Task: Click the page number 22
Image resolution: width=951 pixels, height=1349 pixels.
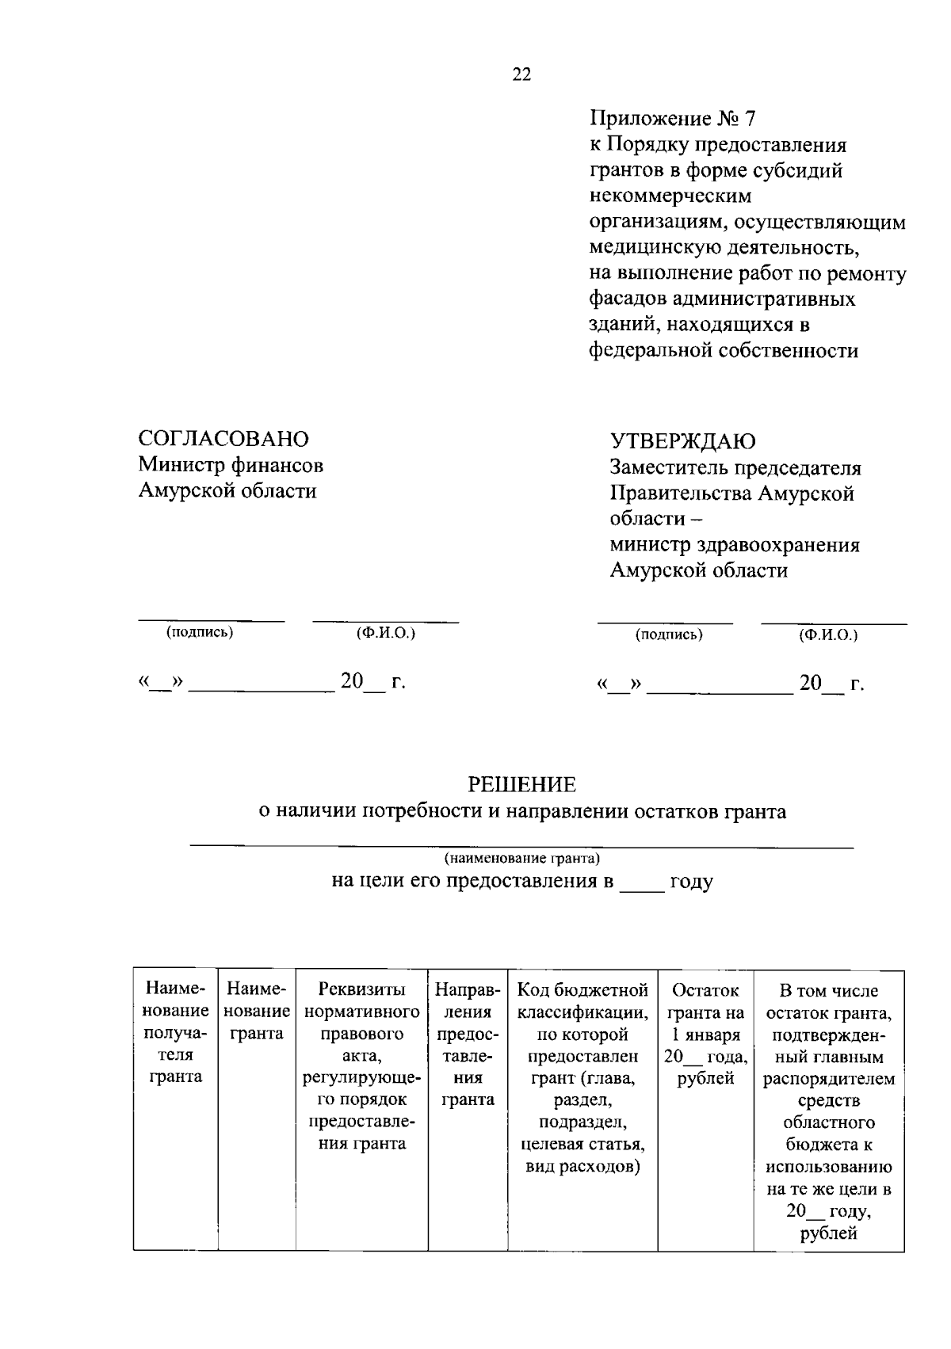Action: tap(522, 74)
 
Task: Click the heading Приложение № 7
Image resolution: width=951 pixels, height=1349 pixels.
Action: tap(673, 119)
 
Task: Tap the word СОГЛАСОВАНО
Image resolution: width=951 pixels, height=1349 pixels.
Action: tap(223, 439)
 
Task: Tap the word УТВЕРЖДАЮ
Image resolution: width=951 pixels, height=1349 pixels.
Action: tap(682, 441)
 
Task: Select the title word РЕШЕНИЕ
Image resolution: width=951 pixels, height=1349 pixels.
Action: tap(521, 785)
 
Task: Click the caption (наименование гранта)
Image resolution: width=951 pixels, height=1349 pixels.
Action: tap(521, 858)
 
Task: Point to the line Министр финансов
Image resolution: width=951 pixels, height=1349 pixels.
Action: tap(231, 465)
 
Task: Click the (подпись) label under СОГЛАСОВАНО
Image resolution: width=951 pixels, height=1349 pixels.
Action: tap(200, 632)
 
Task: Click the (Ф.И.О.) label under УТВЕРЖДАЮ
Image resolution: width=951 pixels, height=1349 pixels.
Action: tap(828, 634)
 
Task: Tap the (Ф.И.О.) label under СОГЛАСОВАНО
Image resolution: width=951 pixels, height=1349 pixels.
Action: tap(386, 633)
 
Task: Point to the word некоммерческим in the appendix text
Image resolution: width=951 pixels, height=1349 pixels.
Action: tap(670, 196)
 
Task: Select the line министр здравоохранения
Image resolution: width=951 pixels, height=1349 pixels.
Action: tap(735, 545)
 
